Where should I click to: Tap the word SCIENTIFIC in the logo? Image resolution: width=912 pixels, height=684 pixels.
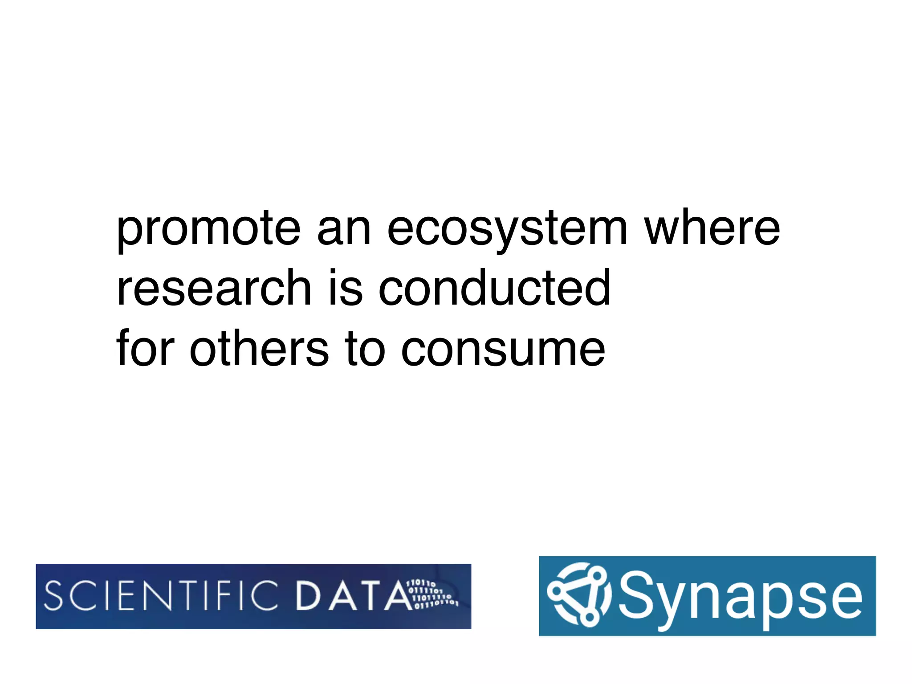[x=161, y=596]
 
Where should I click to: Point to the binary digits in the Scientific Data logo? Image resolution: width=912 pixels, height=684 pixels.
[x=432, y=594]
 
